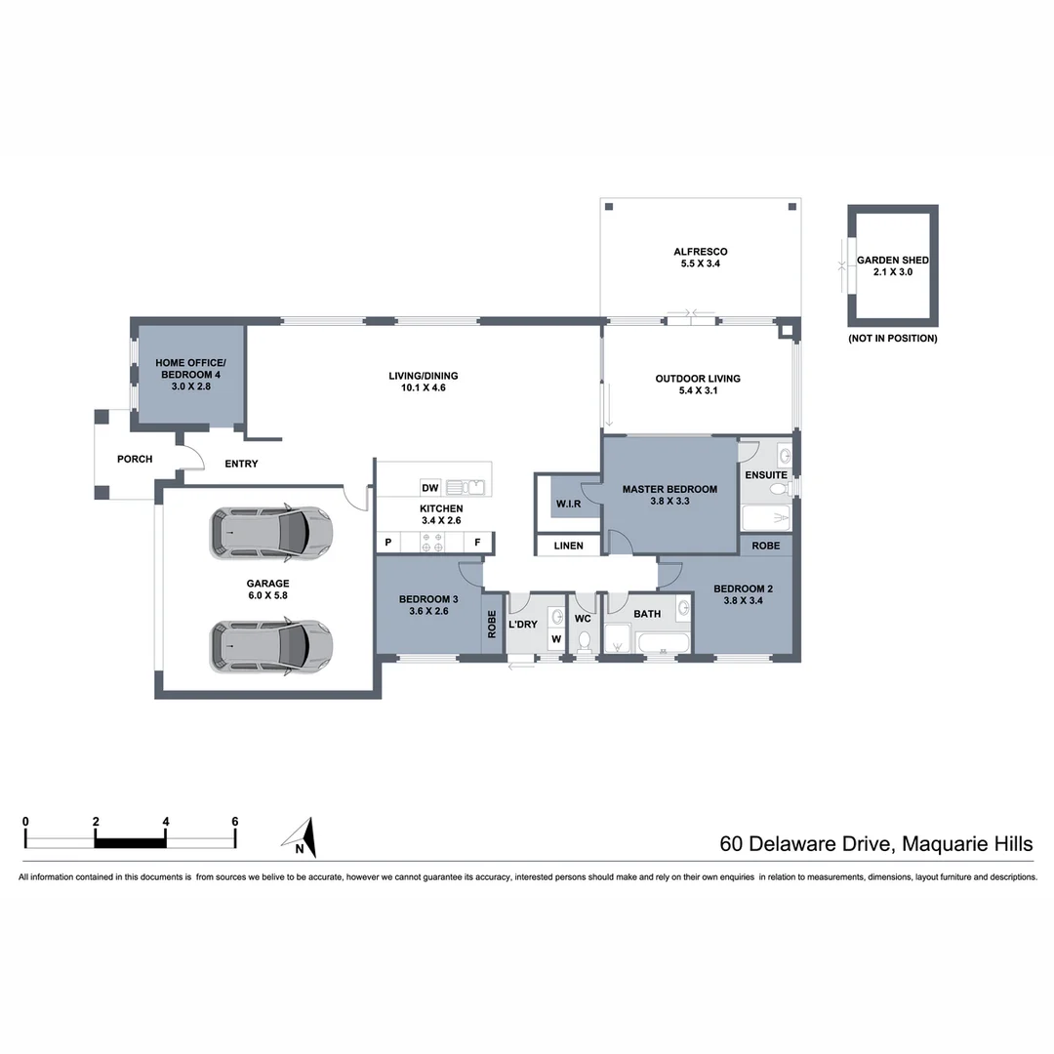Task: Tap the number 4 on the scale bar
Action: tap(166, 822)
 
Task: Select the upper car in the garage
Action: tap(270, 533)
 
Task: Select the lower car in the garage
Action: tap(270, 646)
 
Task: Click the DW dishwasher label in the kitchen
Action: tap(429, 488)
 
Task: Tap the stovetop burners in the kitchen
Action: tap(431, 543)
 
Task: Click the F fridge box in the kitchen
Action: tap(478, 543)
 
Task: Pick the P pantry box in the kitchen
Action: tap(387, 543)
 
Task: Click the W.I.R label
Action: tap(568, 505)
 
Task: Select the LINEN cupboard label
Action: tap(568, 546)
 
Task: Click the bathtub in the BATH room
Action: tap(663, 643)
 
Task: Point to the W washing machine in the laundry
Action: tap(555, 640)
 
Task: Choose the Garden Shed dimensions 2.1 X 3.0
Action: tap(892, 273)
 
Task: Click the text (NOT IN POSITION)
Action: tap(892, 339)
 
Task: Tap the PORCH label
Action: tap(135, 459)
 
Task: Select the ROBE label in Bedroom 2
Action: tap(765, 546)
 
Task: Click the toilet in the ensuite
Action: tap(779, 488)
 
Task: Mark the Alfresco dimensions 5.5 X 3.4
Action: tap(700, 264)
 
